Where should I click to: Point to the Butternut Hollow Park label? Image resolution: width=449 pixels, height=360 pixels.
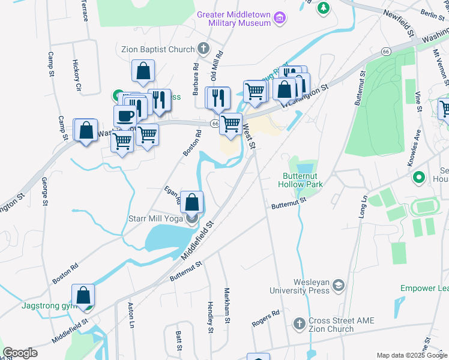coord(303,180)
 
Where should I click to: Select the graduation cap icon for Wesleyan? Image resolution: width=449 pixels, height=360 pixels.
coord(338,285)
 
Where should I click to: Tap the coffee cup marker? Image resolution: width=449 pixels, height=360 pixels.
coord(125,116)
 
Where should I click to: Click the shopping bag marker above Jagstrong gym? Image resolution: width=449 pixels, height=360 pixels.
coord(83,295)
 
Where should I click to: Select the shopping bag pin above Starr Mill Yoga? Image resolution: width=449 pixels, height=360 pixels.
coord(192,202)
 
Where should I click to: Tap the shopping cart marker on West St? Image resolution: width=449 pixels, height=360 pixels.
coord(231,124)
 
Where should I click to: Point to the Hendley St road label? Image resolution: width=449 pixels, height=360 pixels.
coord(211,317)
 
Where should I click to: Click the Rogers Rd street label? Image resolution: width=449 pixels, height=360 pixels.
coord(266,318)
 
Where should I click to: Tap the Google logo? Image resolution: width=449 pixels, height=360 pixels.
coord(20,353)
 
